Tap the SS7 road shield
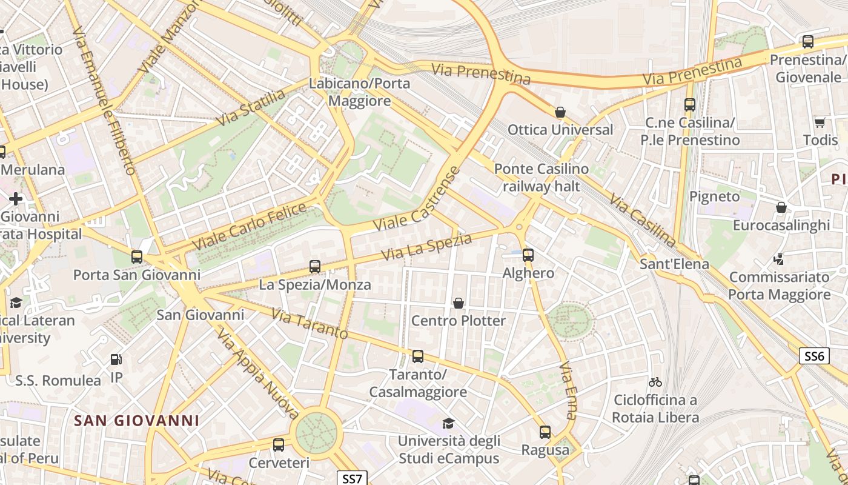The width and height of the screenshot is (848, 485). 352,478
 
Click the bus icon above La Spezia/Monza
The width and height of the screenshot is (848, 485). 314,266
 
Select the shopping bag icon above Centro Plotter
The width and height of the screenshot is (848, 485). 459,303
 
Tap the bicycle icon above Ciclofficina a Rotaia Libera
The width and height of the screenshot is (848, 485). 655,382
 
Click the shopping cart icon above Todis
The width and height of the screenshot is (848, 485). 820,122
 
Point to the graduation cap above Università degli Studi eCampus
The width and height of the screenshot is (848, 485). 448,423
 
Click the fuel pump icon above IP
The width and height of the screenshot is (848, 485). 116,360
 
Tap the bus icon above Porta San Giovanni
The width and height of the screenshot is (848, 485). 137,256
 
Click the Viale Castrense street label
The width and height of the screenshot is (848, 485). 417,199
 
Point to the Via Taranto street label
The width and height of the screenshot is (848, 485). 310,324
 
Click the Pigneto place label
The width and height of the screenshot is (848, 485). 715,196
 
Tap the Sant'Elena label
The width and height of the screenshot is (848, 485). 674,264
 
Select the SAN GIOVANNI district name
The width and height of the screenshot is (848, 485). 136,420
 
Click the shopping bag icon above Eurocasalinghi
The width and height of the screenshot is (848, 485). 781,207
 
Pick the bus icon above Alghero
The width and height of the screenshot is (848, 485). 528,255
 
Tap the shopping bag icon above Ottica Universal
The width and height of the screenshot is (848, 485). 560,112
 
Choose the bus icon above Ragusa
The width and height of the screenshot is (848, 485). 545,432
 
